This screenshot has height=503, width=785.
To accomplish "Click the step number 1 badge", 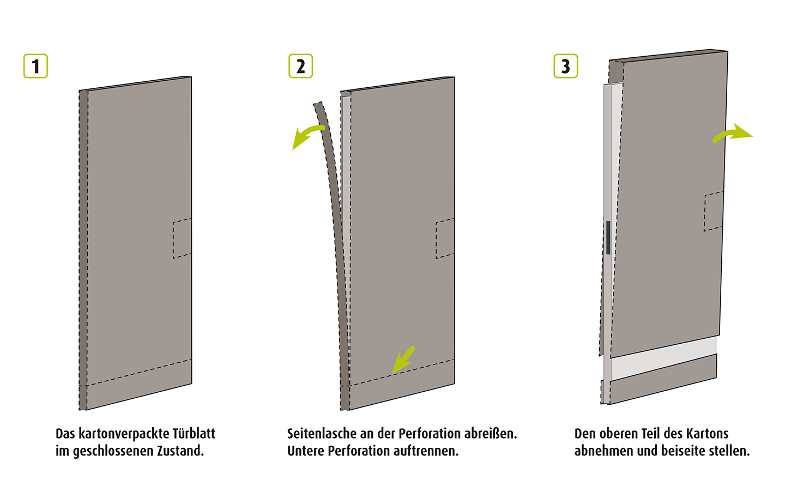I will (35, 67).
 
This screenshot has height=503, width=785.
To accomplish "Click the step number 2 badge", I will (300, 67).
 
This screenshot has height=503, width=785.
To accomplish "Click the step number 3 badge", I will (565, 67).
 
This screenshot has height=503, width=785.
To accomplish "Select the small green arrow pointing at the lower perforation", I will (403, 361).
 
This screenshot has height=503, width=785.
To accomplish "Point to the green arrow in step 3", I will (733, 134).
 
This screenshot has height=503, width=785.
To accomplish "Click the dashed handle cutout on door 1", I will (182, 238).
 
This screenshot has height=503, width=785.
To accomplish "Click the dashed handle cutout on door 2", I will (445, 238).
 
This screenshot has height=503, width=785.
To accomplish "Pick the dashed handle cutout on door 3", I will (714, 211).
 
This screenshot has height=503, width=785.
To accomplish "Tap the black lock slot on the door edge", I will (608, 237).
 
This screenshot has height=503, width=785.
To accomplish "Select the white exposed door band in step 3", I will (662, 357).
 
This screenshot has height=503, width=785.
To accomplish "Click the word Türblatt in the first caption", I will (194, 434).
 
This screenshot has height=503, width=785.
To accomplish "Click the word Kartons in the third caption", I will (707, 434).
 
